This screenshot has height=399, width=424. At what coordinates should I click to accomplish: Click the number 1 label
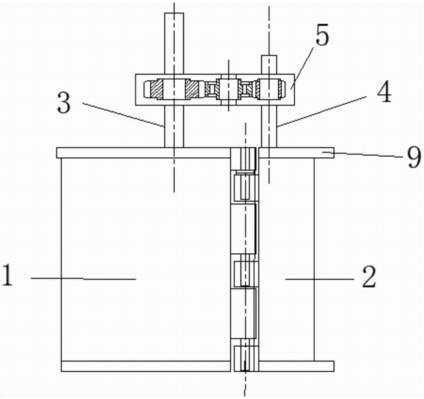coord(7,275)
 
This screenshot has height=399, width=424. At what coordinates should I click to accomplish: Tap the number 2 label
coord(369,277)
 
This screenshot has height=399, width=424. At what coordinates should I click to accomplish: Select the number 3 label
coord(64,104)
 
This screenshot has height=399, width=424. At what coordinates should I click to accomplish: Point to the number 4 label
coord(384,92)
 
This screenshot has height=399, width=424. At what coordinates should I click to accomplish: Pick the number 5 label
coord(323,34)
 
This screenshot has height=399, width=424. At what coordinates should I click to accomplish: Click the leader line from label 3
coord(123,114)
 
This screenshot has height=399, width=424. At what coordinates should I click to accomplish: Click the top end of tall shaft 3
coord(174,13)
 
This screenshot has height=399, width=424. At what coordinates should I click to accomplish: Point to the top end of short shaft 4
coord(269,56)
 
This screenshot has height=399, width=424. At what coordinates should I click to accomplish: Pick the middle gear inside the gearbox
coord(229,89)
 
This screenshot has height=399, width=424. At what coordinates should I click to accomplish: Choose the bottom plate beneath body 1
coord(146,366)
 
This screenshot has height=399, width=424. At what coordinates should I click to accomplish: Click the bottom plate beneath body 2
coord(296,366)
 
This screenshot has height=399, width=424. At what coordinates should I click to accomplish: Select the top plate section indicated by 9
coord(296,153)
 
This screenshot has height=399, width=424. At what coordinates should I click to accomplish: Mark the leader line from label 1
coord(83,278)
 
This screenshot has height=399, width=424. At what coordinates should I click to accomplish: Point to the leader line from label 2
coord(320,279)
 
